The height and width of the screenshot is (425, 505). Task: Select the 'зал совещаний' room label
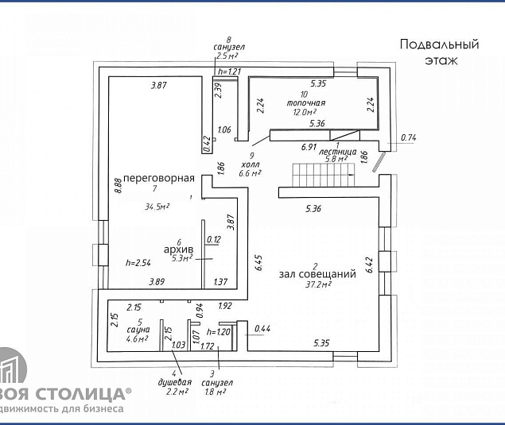coord(317,274)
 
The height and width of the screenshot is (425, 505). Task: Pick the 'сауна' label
coord(138,329)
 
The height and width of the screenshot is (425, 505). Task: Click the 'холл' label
coord(251,164)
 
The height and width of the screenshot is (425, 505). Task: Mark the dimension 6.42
coord(368,265)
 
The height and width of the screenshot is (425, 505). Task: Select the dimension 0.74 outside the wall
coord(409,137)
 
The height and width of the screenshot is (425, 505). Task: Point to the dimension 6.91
coord(309,147)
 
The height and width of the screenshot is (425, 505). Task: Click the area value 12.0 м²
coord(305,112)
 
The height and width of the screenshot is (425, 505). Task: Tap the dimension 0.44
coord(262,328)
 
